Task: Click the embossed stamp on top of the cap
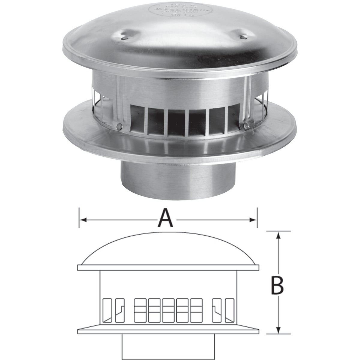click(180, 10)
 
